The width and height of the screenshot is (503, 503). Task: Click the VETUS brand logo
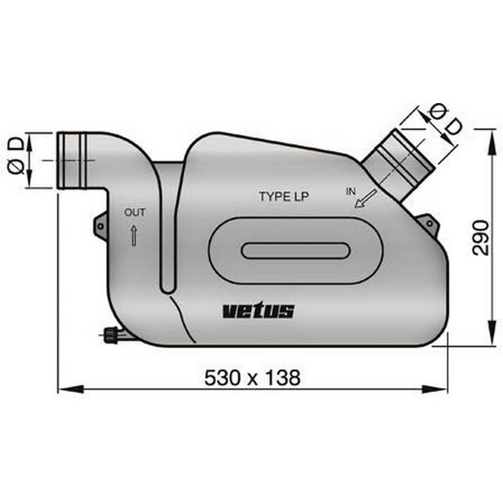[258, 311]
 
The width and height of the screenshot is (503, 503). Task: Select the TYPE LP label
[284, 197]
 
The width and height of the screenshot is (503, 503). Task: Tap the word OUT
[135, 213]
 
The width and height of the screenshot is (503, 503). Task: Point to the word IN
[352, 191]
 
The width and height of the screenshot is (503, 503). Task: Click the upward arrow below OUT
[134, 235]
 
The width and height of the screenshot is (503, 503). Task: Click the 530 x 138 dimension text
[252, 377]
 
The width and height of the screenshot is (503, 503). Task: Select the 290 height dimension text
[481, 237]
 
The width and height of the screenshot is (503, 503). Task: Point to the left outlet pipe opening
[62, 160]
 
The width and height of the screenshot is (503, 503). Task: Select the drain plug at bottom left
[111, 335]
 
